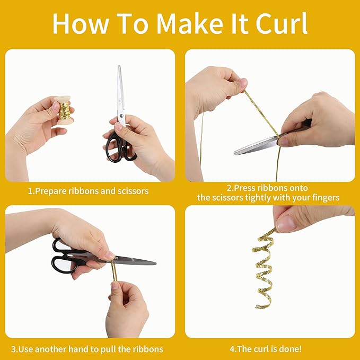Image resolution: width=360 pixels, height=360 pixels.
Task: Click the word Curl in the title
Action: pyautogui.click(x=282, y=23)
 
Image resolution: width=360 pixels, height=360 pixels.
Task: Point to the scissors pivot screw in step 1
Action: pyautogui.click(x=121, y=116)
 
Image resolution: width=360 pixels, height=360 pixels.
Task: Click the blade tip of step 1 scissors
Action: pyautogui.click(x=119, y=66)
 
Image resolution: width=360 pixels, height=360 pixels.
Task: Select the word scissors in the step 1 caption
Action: pyautogui.click(x=133, y=191)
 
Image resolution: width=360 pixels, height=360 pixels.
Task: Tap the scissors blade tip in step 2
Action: pyautogui.click(x=235, y=153)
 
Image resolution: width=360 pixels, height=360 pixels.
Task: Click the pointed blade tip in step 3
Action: pyautogui.click(x=155, y=264)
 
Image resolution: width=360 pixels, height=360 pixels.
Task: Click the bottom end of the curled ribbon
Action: pyautogui.click(x=257, y=307)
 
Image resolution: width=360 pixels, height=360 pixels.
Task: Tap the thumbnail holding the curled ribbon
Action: pyautogui.click(x=285, y=223)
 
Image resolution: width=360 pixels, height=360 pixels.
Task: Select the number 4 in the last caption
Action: pyautogui.click(x=232, y=349)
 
